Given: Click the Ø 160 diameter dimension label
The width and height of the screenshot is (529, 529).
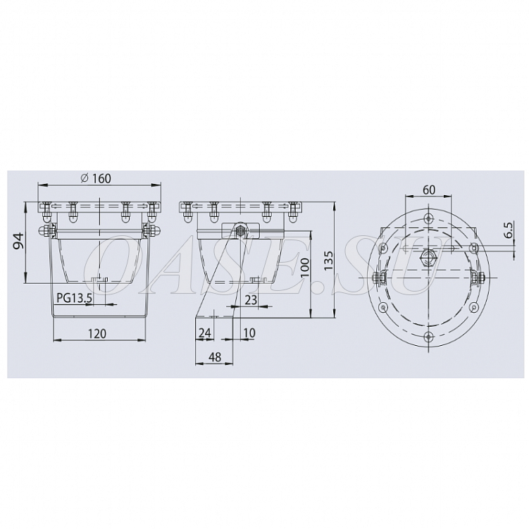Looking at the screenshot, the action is tap(96, 178).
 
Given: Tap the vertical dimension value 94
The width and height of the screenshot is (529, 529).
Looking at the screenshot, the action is tap(18, 240).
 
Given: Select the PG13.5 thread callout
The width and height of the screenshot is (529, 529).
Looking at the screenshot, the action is tap(75, 298).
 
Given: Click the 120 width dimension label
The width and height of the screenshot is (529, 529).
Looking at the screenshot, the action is tap(97, 333).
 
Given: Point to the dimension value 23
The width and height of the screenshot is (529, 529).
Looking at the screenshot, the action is tap(251, 299).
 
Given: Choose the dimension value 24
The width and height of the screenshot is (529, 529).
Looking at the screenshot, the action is tap(205, 332).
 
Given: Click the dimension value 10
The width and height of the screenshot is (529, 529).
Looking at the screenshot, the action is tap(249, 332).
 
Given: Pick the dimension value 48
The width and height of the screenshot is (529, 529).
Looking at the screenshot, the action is tap(215, 356).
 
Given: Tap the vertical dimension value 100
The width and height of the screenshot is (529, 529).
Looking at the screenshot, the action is tap(304, 267).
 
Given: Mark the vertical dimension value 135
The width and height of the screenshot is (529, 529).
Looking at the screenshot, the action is tap(328, 260).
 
